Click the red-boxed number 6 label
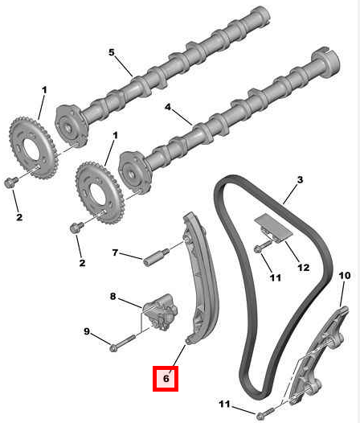(166, 378)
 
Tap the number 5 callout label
(112, 52)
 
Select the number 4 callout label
(168, 107)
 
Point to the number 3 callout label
(300, 179)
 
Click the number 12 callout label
(304, 267)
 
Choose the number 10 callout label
(345, 276)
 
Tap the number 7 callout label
(115, 253)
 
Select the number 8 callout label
(112, 296)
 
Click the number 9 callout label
(87, 331)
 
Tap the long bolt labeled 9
(122, 343)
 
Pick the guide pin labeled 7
(156, 257)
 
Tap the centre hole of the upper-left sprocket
(32, 149)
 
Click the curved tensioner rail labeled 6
(201, 278)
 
